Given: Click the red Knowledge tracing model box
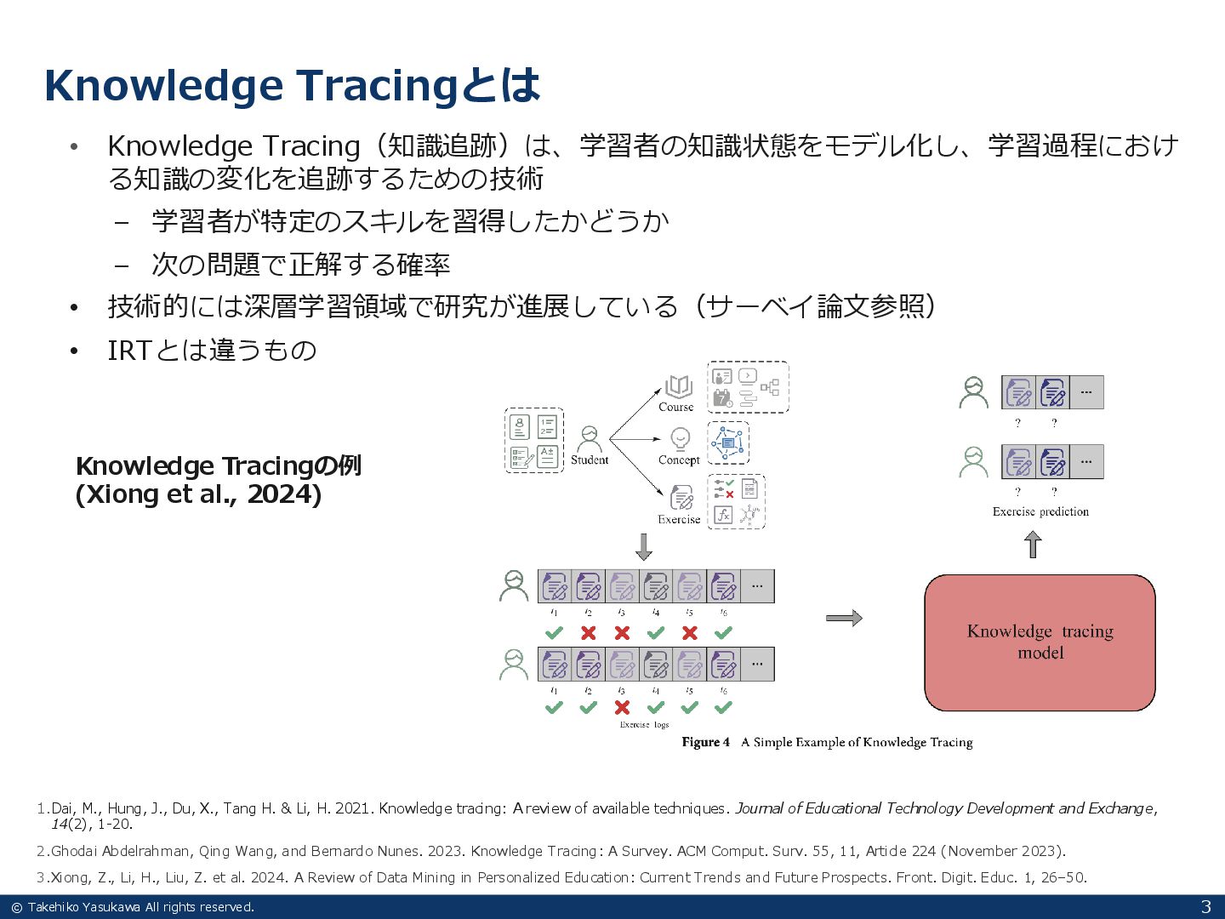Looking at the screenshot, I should pyautogui.click(x=1040, y=642).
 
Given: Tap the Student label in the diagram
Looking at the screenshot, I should pyautogui.click(x=590, y=460).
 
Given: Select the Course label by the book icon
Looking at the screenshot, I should pyautogui.click(x=676, y=408).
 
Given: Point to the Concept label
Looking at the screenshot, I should pyautogui.click(x=679, y=460).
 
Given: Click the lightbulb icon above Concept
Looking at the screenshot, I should pyautogui.click(x=680, y=439).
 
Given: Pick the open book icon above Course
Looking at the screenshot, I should pyautogui.click(x=678, y=387).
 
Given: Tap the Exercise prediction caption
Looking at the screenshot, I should pyautogui.click(x=1040, y=511).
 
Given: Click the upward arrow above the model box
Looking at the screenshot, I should pyautogui.click(x=1033, y=545).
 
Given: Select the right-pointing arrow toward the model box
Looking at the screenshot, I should pyautogui.click(x=844, y=619).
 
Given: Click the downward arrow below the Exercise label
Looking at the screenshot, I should pyautogui.click(x=644, y=546).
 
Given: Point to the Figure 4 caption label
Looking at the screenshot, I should pyautogui.click(x=705, y=742).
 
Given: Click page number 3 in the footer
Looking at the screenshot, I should pyautogui.click(x=1205, y=907).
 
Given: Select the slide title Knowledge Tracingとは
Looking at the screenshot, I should pyautogui.click(x=292, y=85).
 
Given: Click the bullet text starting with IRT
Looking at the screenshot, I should pyautogui.click(x=212, y=350).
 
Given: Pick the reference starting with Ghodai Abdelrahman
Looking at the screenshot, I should pyautogui.click(x=557, y=851).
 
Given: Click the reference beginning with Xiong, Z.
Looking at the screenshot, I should pyautogui.click(x=567, y=877).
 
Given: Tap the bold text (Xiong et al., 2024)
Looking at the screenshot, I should pyautogui.click(x=198, y=494).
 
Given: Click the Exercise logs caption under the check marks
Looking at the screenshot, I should pyautogui.click(x=644, y=725).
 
